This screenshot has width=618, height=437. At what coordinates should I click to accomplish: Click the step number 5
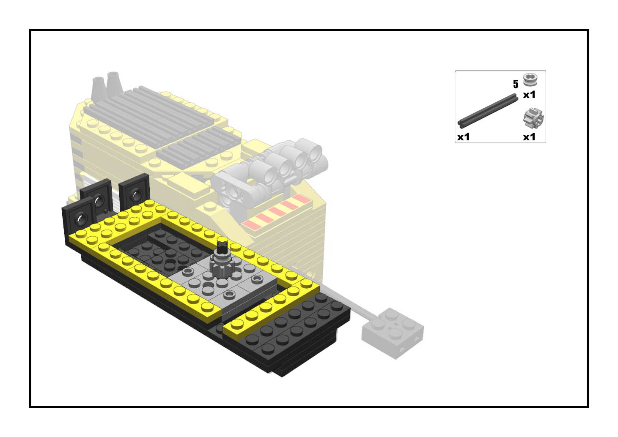[x=515, y=84]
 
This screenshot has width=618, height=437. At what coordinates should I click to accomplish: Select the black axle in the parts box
[x=487, y=111]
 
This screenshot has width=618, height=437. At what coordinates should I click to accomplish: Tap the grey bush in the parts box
[x=530, y=80]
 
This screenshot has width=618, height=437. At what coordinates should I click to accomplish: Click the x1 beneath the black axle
[x=464, y=137]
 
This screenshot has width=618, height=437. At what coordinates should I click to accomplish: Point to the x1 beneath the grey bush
[x=529, y=95]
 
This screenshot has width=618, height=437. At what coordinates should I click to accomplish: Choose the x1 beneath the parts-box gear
[x=529, y=137]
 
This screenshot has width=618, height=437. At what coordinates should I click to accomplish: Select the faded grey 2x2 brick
[x=393, y=333]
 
